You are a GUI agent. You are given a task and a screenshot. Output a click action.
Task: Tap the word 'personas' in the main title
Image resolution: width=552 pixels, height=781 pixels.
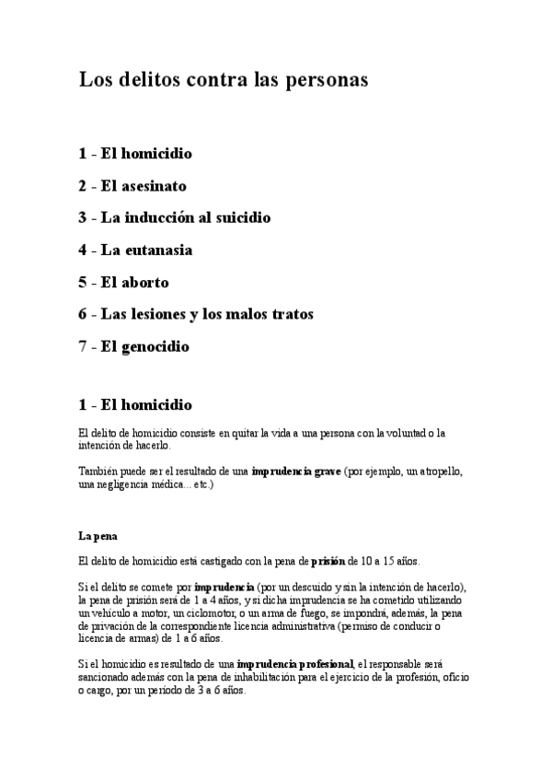[326, 80]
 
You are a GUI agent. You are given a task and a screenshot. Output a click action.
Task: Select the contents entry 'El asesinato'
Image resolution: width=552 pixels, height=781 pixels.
[146, 186]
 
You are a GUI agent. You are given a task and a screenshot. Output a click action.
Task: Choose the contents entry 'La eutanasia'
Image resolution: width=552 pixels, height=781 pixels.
[146, 250]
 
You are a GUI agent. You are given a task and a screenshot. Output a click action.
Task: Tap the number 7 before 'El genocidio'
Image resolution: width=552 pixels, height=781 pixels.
[83, 346]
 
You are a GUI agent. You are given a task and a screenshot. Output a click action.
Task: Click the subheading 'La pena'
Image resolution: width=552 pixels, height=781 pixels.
[98, 534]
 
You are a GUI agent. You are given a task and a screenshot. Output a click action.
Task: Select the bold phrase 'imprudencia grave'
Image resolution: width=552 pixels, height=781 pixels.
[296, 471]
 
